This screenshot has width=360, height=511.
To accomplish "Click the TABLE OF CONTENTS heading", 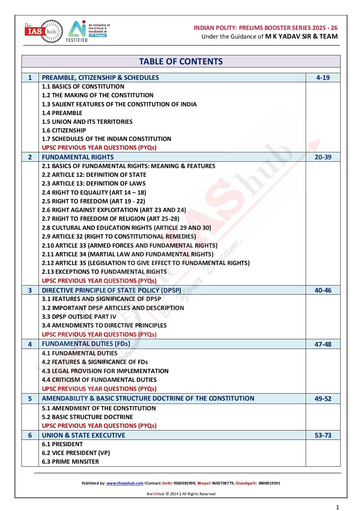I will point(181,62).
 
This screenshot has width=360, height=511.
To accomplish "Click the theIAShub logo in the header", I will point(44,31).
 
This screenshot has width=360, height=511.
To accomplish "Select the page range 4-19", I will point(323,78).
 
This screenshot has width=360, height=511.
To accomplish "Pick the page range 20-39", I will point(323,157).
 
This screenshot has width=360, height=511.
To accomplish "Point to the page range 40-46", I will point(323,291).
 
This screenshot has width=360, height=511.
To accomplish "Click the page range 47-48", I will point(323,344).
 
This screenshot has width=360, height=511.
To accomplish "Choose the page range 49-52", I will point(323,399).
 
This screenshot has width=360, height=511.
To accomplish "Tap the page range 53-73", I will point(323,436).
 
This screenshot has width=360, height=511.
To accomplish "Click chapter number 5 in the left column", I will point(30,399).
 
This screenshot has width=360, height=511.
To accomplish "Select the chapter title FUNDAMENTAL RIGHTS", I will point(78,157).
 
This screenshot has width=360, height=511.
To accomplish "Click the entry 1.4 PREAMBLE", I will point(62,113).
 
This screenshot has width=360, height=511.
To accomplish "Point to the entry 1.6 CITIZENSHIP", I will point(64,131).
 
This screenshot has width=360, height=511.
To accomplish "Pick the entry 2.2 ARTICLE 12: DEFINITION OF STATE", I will point(94,175).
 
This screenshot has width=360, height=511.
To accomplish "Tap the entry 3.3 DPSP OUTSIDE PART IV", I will point(79,317).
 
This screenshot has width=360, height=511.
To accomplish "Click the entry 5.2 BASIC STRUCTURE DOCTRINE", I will point(87,417).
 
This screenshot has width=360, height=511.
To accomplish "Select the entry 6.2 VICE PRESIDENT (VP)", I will point(76,453).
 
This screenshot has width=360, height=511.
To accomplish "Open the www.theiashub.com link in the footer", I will point(125,483).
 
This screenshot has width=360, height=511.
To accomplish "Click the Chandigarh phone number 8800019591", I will point(269,483).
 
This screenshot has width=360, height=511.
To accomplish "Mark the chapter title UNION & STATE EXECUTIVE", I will point(83,436).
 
